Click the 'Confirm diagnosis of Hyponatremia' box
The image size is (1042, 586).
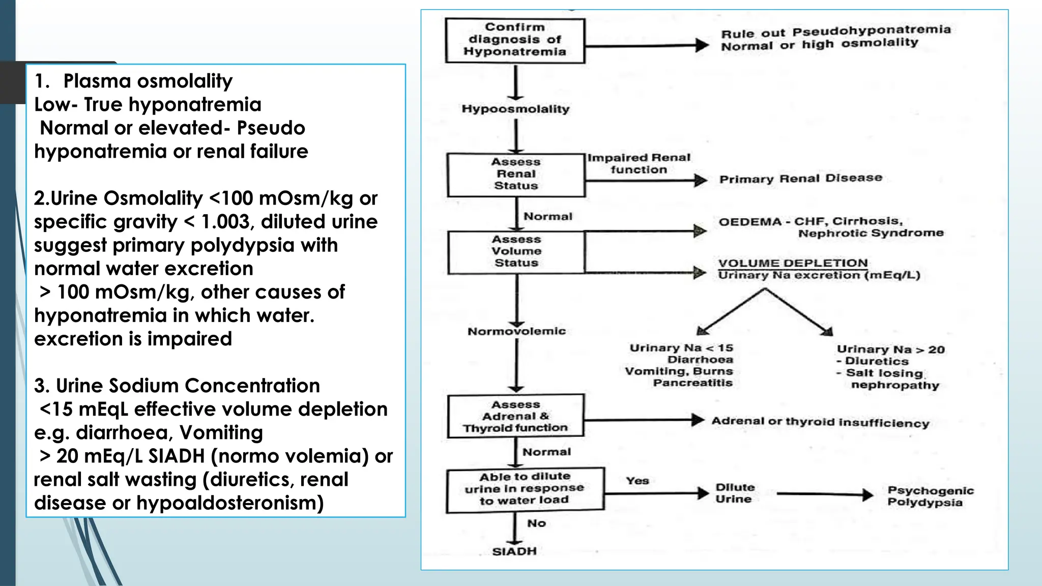(515, 40)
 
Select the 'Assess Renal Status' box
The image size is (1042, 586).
(516, 174)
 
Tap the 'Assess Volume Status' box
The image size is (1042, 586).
(516, 252)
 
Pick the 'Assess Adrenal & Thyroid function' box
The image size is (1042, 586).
(515, 416)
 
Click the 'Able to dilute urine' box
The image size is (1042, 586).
(525, 489)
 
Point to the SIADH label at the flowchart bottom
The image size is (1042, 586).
(514, 551)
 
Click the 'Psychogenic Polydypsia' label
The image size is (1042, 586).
(930, 496)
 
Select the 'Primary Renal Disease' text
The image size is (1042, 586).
(800, 179)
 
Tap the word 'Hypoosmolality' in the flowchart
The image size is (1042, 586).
(515, 109)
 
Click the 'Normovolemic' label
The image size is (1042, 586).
(516, 332)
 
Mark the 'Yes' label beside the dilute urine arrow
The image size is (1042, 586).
(637, 481)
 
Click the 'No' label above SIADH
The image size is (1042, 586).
(536, 523)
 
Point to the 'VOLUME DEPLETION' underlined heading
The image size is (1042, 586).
(793, 263)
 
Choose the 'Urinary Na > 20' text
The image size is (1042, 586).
(890, 349)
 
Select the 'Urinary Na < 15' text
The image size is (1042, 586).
(681, 348)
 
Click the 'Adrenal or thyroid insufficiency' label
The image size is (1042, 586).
(820, 422)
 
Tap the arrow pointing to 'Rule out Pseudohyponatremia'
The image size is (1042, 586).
(646, 46)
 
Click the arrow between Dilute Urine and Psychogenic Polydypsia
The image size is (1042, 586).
(824, 494)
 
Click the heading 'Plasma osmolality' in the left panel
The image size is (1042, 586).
(148, 81)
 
